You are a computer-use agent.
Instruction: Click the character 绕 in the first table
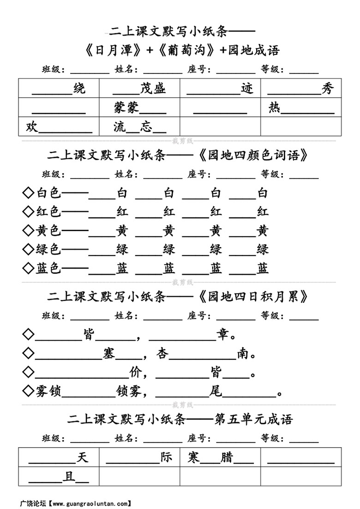tap(79, 89)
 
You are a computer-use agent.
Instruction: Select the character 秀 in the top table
tap(327, 89)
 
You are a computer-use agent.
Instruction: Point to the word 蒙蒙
tap(126, 108)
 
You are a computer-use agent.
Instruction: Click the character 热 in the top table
tap(274, 108)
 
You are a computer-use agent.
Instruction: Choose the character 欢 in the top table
tap(31, 127)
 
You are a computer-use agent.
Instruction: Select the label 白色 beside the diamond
tap(48, 193)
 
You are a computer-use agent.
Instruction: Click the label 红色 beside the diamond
tap(48, 212)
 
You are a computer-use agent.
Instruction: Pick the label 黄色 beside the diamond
tap(48, 231)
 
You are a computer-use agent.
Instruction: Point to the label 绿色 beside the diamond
tap(48, 250)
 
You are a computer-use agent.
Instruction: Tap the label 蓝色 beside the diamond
tap(48, 269)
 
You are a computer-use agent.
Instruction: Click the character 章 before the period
tap(223, 335)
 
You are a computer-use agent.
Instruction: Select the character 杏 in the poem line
tap(163, 354)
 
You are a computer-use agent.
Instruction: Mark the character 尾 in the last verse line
tap(216, 392)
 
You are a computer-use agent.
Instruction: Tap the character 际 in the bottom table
tap(166, 457)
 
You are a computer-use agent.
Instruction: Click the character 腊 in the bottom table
tap(227, 457)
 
